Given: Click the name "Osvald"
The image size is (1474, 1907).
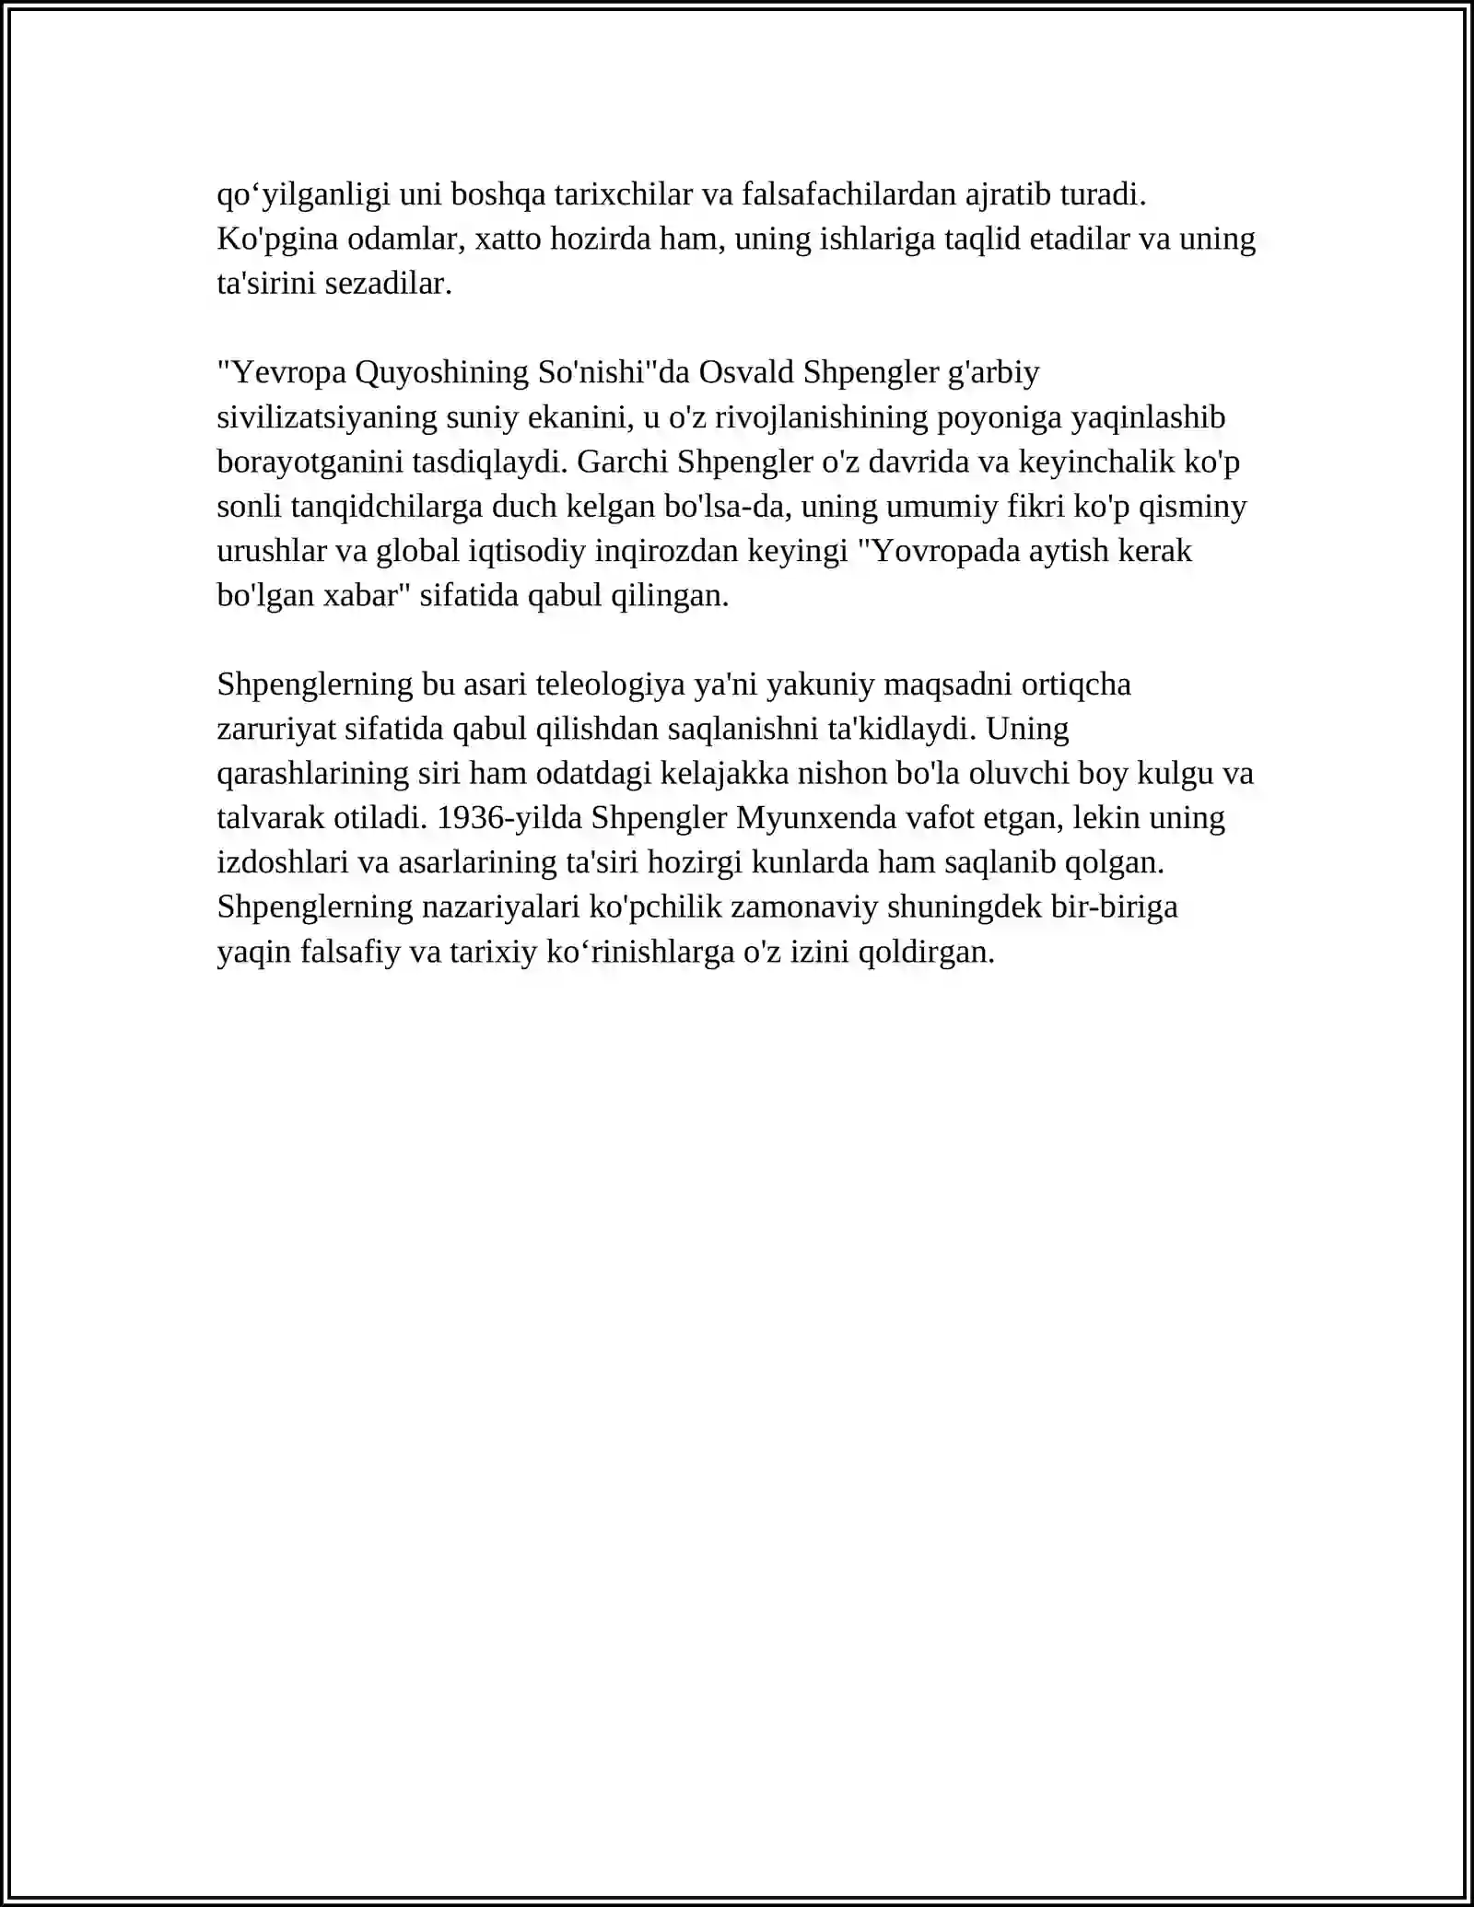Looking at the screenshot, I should pyautogui.click(x=746, y=373).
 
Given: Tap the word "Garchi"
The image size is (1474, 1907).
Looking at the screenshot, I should pyautogui.click(x=622, y=462).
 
